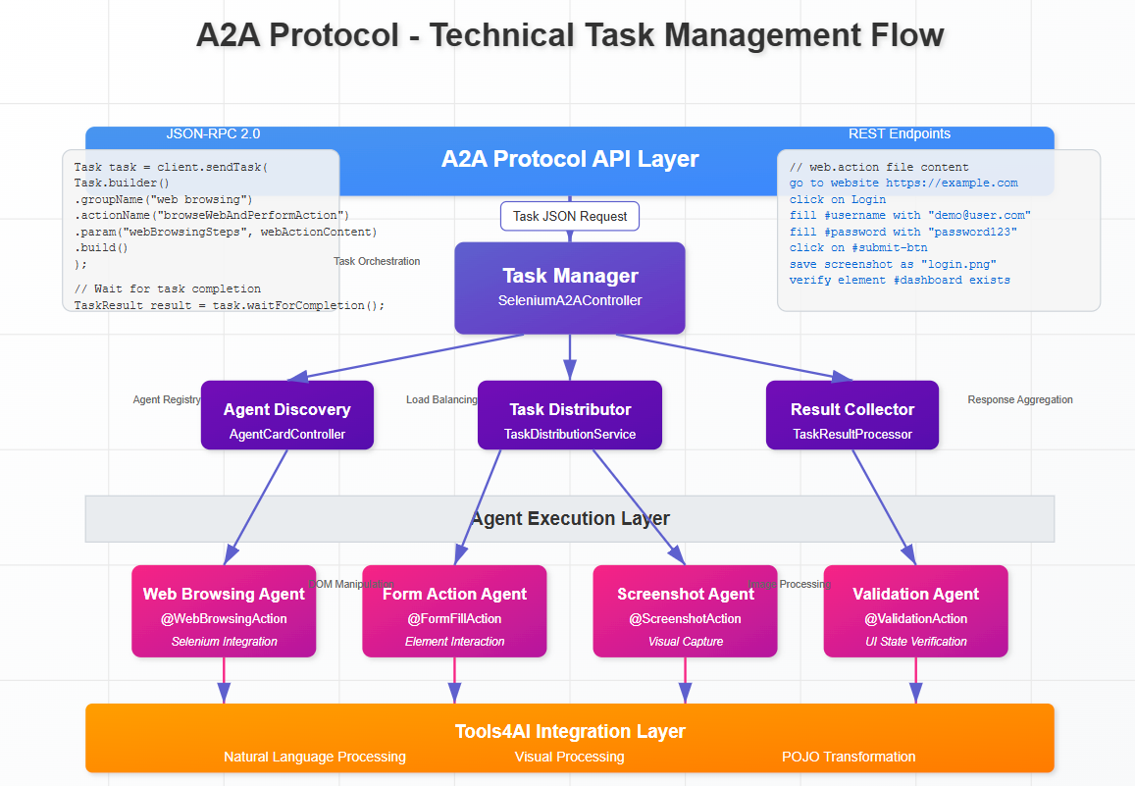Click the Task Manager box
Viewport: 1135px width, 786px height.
569,288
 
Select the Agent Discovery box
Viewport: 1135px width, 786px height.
286,415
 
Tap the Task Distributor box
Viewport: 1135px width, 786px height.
569,415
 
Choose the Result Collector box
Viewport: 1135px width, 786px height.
851,415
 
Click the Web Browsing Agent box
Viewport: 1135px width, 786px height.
224,610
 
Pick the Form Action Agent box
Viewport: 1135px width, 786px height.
454,610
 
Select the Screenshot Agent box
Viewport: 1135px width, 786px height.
685,610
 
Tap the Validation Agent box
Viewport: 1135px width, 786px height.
915,610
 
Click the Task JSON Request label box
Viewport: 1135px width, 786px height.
569,216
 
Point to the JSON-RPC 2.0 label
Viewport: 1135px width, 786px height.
213,134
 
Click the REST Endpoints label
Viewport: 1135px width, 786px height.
899,134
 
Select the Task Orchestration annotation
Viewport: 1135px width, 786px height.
377,261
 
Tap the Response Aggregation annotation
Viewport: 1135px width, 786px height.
1019,399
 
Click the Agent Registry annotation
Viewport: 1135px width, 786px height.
167,399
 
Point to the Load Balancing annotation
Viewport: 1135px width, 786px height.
441,399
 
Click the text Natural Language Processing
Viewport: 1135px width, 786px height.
314,757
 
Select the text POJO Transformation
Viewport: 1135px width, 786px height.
849,757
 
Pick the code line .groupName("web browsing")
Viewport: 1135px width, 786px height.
163,199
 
